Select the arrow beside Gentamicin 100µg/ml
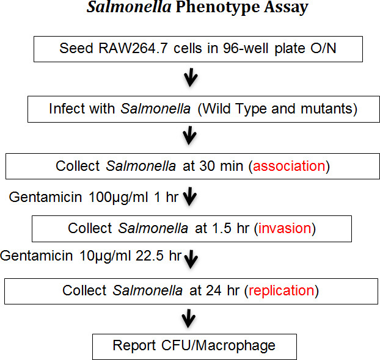click(x=190, y=198)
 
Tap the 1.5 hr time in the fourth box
click(x=233, y=228)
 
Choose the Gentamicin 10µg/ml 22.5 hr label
click(x=90, y=256)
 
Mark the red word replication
click(x=280, y=290)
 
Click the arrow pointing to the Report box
click(x=190, y=319)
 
